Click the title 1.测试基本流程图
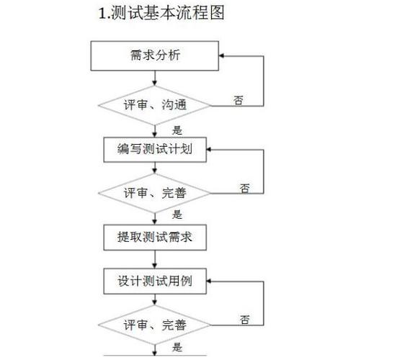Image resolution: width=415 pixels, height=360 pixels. pyautogui.click(x=161, y=13)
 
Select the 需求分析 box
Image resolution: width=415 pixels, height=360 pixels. pyautogui.click(x=155, y=56)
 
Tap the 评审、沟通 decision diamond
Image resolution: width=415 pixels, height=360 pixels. pyautogui.click(x=155, y=106)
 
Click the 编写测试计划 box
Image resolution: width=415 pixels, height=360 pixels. pyautogui.click(x=155, y=150)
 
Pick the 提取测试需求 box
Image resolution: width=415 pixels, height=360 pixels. pyautogui.click(x=155, y=238)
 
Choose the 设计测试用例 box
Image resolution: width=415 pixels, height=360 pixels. pyautogui.click(x=155, y=282)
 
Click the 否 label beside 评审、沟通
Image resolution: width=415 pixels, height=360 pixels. pyautogui.click(x=238, y=100)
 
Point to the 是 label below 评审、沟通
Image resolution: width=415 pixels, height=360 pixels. pyautogui.click(x=177, y=130)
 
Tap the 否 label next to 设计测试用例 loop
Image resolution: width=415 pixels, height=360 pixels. pyautogui.click(x=245, y=320)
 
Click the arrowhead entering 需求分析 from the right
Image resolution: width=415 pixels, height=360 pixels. pyautogui.click(x=221, y=56)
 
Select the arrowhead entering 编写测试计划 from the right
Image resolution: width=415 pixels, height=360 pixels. pyautogui.click(x=209, y=150)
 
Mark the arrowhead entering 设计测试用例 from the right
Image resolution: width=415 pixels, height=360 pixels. pyautogui.click(x=209, y=282)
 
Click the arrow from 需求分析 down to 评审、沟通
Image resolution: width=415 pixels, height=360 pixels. pyautogui.click(x=155, y=78)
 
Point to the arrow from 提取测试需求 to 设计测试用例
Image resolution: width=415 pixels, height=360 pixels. pyautogui.click(x=155, y=259)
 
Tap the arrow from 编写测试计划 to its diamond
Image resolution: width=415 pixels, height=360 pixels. pyautogui.click(x=155, y=168)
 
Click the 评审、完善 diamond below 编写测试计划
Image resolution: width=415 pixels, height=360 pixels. pyautogui.click(x=155, y=194)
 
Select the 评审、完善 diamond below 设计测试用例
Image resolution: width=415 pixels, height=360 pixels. pyautogui.click(x=155, y=325)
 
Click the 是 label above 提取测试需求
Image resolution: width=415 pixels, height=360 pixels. pyautogui.click(x=177, y=215)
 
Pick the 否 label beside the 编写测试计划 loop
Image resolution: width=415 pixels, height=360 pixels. pyautogui.click(x=245, y=188)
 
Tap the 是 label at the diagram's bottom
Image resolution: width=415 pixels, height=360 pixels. pyautogui.click(x=177, y=347)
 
